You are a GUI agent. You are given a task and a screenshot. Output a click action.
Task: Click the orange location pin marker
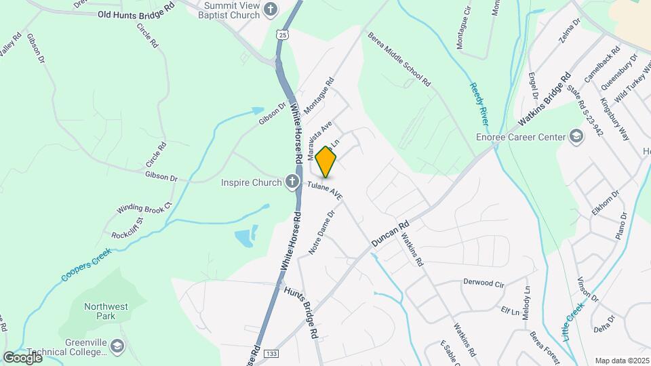326,162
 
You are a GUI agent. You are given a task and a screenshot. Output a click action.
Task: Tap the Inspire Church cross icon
292,182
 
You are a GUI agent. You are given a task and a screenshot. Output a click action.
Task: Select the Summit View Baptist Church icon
271,9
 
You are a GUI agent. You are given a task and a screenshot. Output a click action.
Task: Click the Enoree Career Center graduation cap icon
576,137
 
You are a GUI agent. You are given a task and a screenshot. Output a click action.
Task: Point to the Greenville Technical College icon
117,346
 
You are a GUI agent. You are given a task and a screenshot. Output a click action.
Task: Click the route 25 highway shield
281,33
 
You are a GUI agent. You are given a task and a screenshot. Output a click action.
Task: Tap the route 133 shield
271,354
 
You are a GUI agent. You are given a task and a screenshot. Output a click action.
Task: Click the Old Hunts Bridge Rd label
136,14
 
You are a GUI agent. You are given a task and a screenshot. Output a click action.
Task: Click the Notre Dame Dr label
322,232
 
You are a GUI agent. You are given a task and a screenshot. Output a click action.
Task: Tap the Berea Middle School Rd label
399,60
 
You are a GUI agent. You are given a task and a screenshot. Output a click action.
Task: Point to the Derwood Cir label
484,281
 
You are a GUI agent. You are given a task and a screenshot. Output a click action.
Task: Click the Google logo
22,357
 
